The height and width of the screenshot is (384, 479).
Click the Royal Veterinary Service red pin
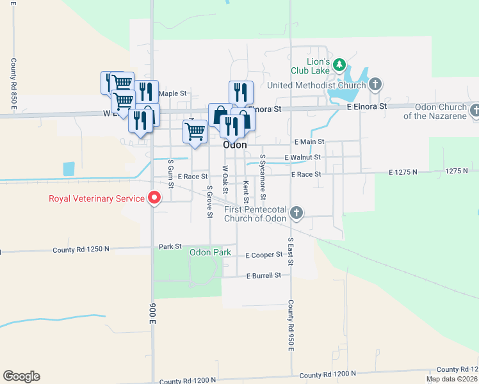click(x=154, y=198)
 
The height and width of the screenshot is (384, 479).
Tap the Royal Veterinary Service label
click(x=97, y=198)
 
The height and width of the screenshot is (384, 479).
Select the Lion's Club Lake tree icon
click(x=339, y=65)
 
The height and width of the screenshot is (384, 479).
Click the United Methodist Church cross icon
click(x=375, y=84)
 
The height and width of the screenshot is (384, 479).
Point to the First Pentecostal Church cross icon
click(x=296, y=212)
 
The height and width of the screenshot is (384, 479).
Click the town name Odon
click(x=235, y=145)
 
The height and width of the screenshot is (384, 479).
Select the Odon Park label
click(x=210, y=252)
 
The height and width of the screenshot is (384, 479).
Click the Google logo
click(x=21, y=376)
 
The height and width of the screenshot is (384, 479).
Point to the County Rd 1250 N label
click(x=81, y=249)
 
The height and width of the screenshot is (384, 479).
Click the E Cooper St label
click(x=264, y=255)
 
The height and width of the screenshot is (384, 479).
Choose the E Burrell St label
click(x=264, y=275)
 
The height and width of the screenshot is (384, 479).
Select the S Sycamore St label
click(x=263, y=176)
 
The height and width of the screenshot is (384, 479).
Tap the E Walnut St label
click(x=302, y=157)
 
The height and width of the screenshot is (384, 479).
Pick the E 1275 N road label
click(x=402, y=172)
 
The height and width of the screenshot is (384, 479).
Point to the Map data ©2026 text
click(x=451, y=379)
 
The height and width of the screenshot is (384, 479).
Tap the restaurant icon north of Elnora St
click(x=241, y=91)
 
